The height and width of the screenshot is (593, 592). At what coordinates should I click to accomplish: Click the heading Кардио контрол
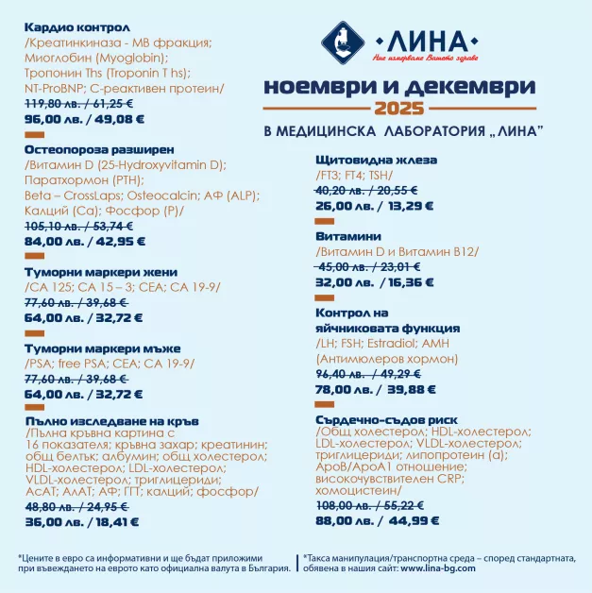[77, 27]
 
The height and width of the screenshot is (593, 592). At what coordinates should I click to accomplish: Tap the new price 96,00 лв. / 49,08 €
[85, 120]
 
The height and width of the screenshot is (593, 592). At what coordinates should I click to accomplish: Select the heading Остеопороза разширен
[98, 149]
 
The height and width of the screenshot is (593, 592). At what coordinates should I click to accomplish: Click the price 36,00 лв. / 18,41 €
[83, 520]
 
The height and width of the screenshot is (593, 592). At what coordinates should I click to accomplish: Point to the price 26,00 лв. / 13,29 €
[373, 205]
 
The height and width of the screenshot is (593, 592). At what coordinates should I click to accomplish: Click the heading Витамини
[348, 236]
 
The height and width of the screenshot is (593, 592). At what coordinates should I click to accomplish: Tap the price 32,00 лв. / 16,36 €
[374, 281]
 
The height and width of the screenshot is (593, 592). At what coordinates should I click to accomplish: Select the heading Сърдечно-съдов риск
[387, 418]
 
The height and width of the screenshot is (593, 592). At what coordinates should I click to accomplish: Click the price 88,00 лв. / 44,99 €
[378, 519]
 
